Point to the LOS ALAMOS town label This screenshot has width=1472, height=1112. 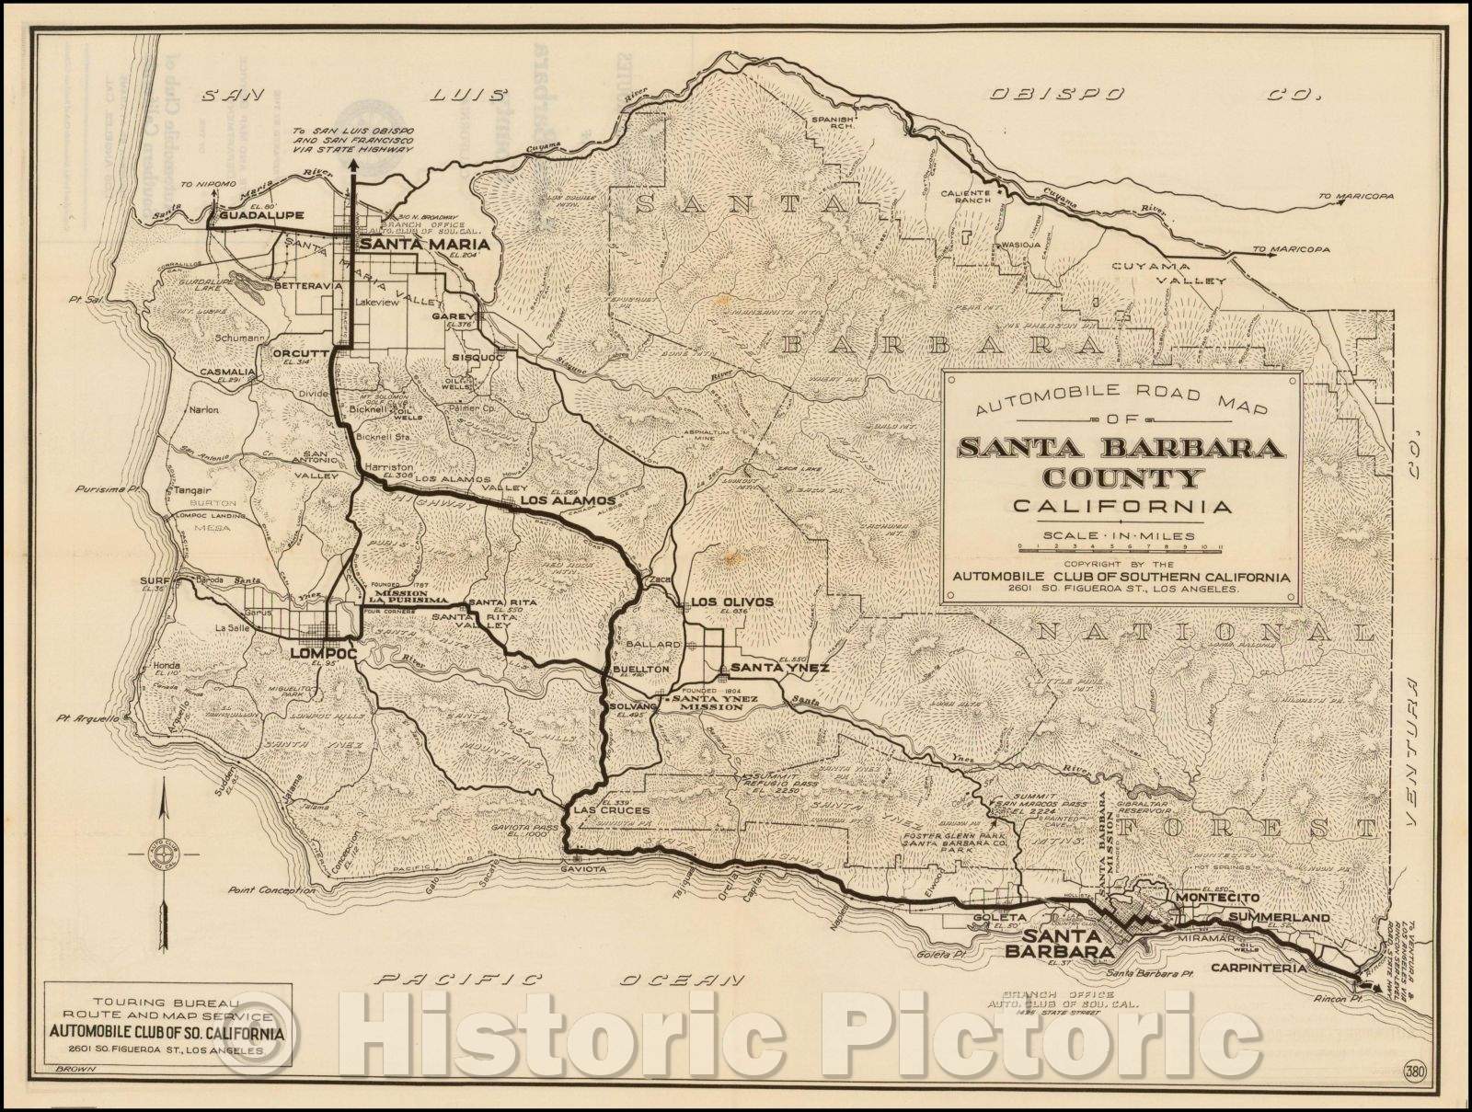(567, 500)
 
